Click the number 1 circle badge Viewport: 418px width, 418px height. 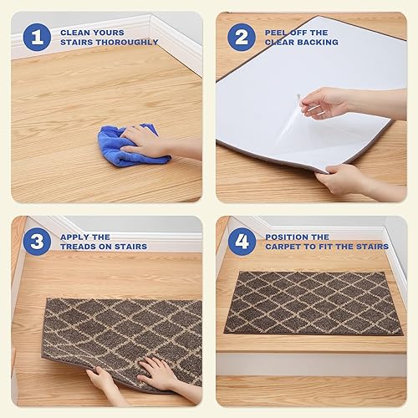click(36, 37)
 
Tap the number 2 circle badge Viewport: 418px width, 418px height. click(242, 37)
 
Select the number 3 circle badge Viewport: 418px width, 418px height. click(36, 242)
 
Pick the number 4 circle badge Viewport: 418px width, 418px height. click(242, 242)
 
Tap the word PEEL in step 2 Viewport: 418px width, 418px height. click(277, 32)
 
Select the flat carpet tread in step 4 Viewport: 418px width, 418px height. click(313, 303)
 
